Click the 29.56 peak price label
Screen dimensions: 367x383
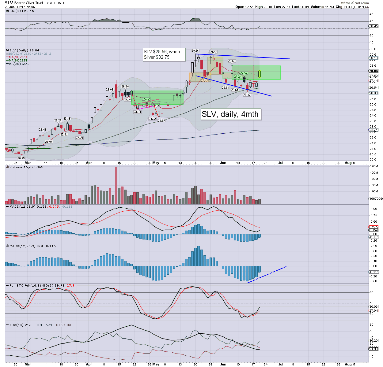point(195,51)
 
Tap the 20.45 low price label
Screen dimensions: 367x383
point(21,158)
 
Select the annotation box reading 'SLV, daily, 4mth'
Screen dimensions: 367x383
point(230,114)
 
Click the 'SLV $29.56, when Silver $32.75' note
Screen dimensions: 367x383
point(164,54)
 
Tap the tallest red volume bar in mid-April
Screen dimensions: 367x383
point(116,185)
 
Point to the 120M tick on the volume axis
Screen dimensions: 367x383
point(374,166)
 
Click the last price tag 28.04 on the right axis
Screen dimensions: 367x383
point(374,71)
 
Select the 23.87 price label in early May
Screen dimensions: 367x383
point(161,120)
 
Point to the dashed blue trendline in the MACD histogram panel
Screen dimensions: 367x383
point(267,275)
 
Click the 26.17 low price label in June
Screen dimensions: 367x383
point(247,95)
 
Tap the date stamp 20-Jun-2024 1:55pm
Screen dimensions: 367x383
point(20,7)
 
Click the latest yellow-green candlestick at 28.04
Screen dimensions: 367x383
point(260,74)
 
